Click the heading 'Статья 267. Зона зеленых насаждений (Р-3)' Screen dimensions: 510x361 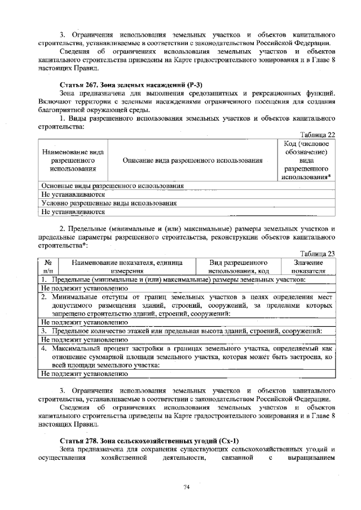coord(131,84)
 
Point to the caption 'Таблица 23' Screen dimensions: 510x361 coord(318,253)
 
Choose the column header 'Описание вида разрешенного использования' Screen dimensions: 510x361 coord(193,161)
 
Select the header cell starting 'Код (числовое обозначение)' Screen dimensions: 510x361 coord(307,161)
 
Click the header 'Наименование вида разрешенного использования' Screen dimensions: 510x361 coord(72,161)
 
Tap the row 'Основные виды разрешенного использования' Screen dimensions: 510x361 coord(113,185)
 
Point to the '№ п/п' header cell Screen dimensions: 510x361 coord(47,267)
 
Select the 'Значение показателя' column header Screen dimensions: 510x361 coord(308,267)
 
